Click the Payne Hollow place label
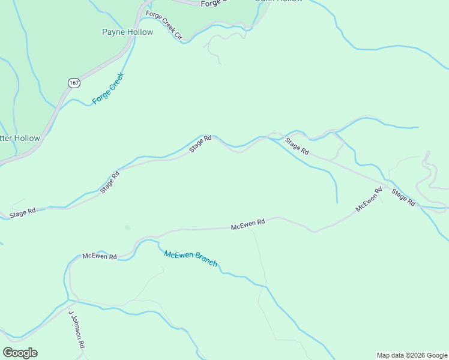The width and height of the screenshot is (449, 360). tap(127, 32)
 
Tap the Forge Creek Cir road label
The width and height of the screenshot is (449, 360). tap(163, 25)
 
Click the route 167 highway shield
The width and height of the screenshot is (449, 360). tap(73, 83)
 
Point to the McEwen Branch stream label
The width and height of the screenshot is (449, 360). tap(190, 259)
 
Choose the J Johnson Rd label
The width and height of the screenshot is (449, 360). tap(76, 331)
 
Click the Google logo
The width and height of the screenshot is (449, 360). tap(20, 353)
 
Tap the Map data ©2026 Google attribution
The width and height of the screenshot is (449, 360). tap(412, 355)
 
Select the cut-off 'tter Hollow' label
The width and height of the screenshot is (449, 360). tap(20, 139)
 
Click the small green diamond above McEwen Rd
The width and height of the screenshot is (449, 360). tap(127, 227)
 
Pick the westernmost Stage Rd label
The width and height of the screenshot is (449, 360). tap(22, 212)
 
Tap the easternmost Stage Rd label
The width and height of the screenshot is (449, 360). tap(403, 197)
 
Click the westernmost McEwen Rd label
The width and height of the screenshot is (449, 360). tap(99, 256)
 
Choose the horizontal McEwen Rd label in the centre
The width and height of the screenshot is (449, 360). tap(248, 223)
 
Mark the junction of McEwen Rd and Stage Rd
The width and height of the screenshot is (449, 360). tap(385, 184)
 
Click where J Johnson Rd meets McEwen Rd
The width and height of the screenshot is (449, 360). tap(71, 299)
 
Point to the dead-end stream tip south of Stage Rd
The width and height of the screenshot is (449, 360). tap(337, 202)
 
